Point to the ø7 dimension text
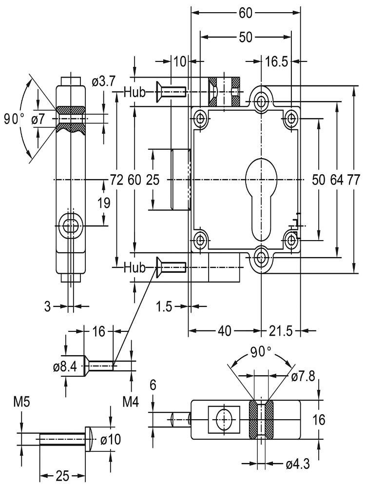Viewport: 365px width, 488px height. point(42,119)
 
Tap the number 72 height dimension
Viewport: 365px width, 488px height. point(116,180)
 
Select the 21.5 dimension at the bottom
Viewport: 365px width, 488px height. point(279,331)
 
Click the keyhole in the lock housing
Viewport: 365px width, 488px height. point(262,195)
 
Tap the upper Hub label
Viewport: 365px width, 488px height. point(134,92)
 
